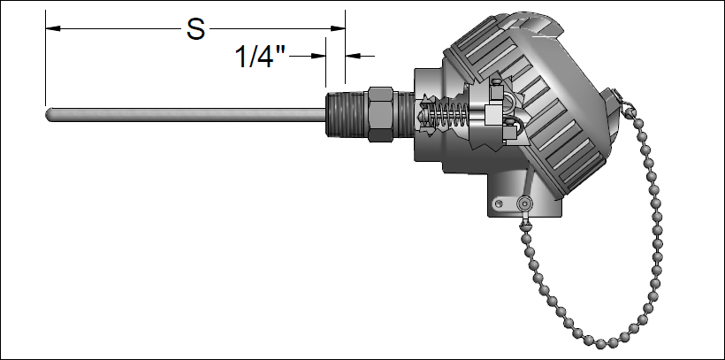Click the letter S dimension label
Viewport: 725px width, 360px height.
195,29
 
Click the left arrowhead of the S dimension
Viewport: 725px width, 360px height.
53,29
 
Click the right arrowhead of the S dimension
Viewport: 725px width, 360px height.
339,29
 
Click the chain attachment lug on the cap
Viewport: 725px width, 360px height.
625,106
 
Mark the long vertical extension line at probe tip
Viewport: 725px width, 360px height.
45,62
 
